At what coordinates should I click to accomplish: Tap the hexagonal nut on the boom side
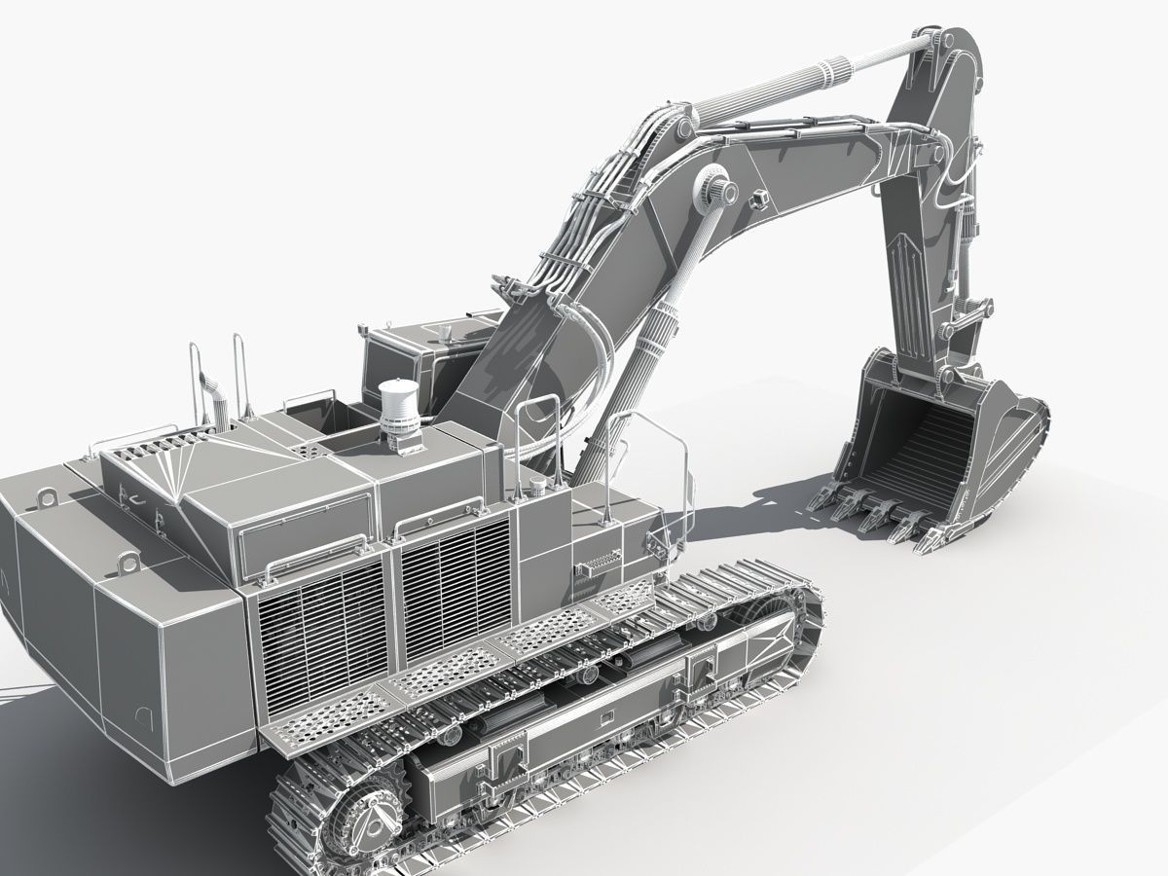tap(758, 198)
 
